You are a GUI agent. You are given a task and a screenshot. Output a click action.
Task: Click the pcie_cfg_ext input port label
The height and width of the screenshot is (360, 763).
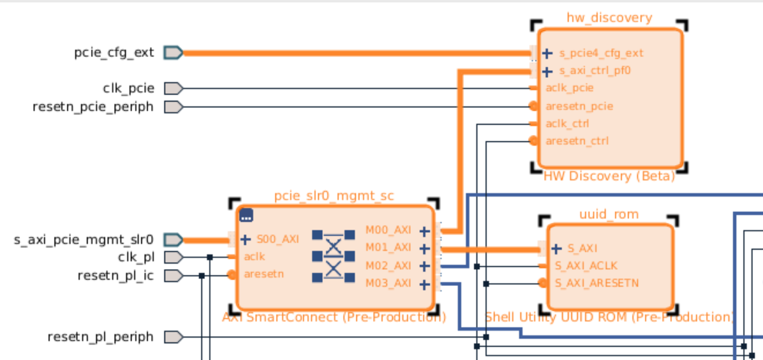114,52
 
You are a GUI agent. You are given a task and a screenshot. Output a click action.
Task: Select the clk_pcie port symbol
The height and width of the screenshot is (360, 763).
173,89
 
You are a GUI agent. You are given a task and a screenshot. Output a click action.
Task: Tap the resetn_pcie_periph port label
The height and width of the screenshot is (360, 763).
93,106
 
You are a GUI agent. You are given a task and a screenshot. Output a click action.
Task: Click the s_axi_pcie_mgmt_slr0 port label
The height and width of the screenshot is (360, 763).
84,239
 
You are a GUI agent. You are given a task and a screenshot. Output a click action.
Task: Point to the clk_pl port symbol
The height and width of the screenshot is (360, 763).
173,257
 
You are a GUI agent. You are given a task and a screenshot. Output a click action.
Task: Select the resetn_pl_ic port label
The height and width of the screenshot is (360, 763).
116,274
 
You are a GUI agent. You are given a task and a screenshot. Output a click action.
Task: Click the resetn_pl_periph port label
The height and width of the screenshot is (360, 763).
100,337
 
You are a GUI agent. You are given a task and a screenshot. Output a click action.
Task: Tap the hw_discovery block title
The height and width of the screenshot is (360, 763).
609,18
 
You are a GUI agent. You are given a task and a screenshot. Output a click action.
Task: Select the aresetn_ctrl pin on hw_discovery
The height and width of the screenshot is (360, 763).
576,140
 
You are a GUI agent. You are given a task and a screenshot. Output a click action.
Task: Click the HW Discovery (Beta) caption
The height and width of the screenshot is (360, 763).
609,177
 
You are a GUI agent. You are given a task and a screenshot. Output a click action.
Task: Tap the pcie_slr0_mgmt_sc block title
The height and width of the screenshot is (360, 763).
334,195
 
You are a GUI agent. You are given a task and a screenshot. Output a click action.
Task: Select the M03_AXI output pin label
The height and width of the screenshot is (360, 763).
388,283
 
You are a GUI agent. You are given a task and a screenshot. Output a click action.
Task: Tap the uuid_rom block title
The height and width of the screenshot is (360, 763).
609,213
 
